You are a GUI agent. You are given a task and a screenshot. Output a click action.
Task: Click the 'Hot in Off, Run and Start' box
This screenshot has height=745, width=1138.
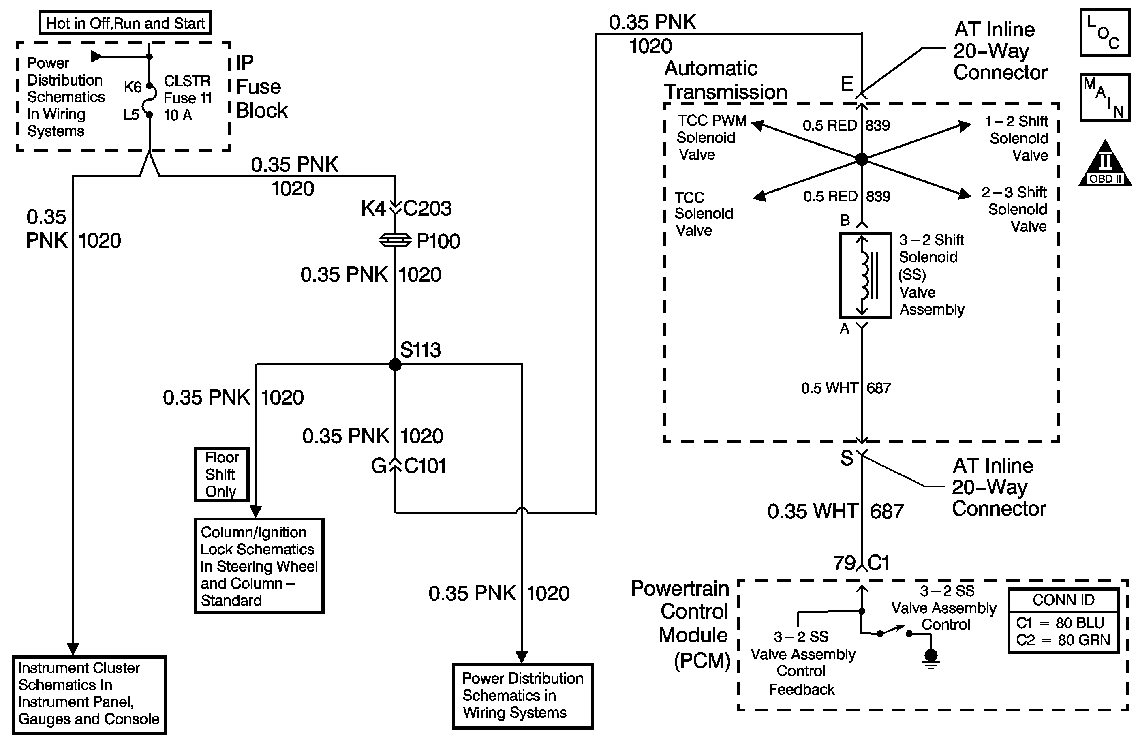coord(125,23)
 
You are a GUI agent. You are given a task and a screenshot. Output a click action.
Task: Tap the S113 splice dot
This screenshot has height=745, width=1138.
coord(395,364)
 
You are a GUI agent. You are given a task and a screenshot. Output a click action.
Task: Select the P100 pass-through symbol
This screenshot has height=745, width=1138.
coord(395,240)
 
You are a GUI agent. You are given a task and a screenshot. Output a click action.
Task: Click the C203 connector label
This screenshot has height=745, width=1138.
coord(427,208)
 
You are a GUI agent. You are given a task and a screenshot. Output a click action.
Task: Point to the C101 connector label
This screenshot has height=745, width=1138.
coord(425,466)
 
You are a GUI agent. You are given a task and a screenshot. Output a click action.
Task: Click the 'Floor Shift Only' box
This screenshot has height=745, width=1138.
coord(221,474)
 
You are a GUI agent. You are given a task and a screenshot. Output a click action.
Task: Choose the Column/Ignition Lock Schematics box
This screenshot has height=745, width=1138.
coord(259,566)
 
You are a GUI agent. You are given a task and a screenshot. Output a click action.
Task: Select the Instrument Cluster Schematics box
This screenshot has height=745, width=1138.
coord(89,694)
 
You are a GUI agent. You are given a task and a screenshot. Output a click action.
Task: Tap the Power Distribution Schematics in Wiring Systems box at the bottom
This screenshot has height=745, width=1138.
coord(523,696)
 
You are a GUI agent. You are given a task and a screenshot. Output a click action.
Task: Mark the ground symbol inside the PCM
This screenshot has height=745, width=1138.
coord(931,658)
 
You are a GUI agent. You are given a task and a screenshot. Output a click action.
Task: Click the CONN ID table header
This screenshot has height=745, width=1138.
coord(1063,599)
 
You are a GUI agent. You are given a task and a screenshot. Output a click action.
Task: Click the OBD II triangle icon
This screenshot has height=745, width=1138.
coord(1105,165)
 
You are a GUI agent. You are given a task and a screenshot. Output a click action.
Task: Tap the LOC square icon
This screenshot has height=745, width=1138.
coord(1105,32)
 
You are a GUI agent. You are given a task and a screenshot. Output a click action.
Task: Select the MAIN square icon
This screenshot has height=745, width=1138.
coord(1105,97)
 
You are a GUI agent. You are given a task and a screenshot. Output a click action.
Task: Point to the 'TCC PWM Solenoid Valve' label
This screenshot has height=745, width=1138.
coord(711,137)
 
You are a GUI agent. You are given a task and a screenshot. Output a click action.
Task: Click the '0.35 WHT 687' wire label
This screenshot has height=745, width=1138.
coord(835,512)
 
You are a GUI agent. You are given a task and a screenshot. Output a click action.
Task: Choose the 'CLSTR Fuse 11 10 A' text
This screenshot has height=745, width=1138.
coord(187,98)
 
